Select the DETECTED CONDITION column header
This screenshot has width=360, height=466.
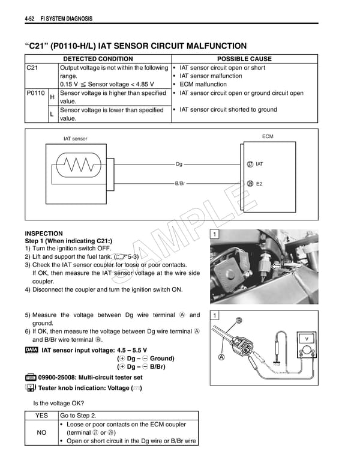[98, 59]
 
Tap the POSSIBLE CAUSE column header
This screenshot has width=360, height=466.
[244, 59]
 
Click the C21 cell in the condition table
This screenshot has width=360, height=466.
[33, 68]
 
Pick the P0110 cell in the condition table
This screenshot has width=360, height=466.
[36, 93]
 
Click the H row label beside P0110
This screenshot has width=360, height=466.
[52, 97]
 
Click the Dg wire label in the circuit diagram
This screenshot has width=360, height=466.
[179, 164]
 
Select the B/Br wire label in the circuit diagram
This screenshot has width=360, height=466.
[180, 183]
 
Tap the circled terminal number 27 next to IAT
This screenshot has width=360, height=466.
[250, 164]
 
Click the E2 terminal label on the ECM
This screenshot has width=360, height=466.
[259, 184]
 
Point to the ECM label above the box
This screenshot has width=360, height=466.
[268, 137]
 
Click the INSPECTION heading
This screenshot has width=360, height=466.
[43, 234]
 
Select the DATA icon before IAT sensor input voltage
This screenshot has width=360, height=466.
[32, 350]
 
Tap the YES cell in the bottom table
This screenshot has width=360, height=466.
[41, 415]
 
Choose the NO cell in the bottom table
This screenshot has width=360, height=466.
[41, 432]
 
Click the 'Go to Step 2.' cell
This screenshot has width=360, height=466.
[78, 415]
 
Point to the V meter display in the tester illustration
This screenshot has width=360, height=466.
[307, 339]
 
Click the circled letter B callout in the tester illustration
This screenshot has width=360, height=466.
[239, 321]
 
